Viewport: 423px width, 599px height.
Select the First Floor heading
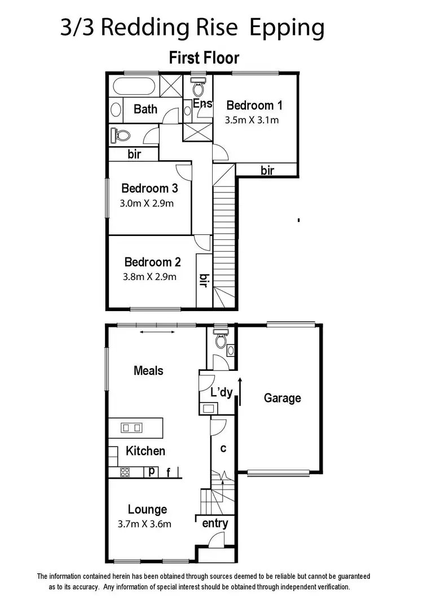(x=204, y=58)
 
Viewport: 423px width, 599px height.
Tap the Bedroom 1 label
(x=254, y=105)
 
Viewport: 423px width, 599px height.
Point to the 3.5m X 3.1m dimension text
(x=252, y=120)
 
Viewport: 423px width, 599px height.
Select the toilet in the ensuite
(x=197, y=88)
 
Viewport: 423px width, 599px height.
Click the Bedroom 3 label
(x=145, y=189)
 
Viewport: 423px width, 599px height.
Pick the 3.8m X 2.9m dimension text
(x=149, y=277)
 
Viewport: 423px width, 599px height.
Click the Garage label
(x=282, y=398)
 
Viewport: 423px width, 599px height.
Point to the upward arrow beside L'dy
(x=240, y=392)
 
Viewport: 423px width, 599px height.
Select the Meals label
(x=148, y=370)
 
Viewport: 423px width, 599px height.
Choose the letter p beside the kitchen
(x=152, y=471)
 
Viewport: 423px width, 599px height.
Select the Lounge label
(x=147, y=509)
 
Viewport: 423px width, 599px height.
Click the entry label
(x=215, y=523)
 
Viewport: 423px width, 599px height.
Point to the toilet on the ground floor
(x=221, y=340)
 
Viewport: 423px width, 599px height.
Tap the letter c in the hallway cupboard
(x=223, y=448)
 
